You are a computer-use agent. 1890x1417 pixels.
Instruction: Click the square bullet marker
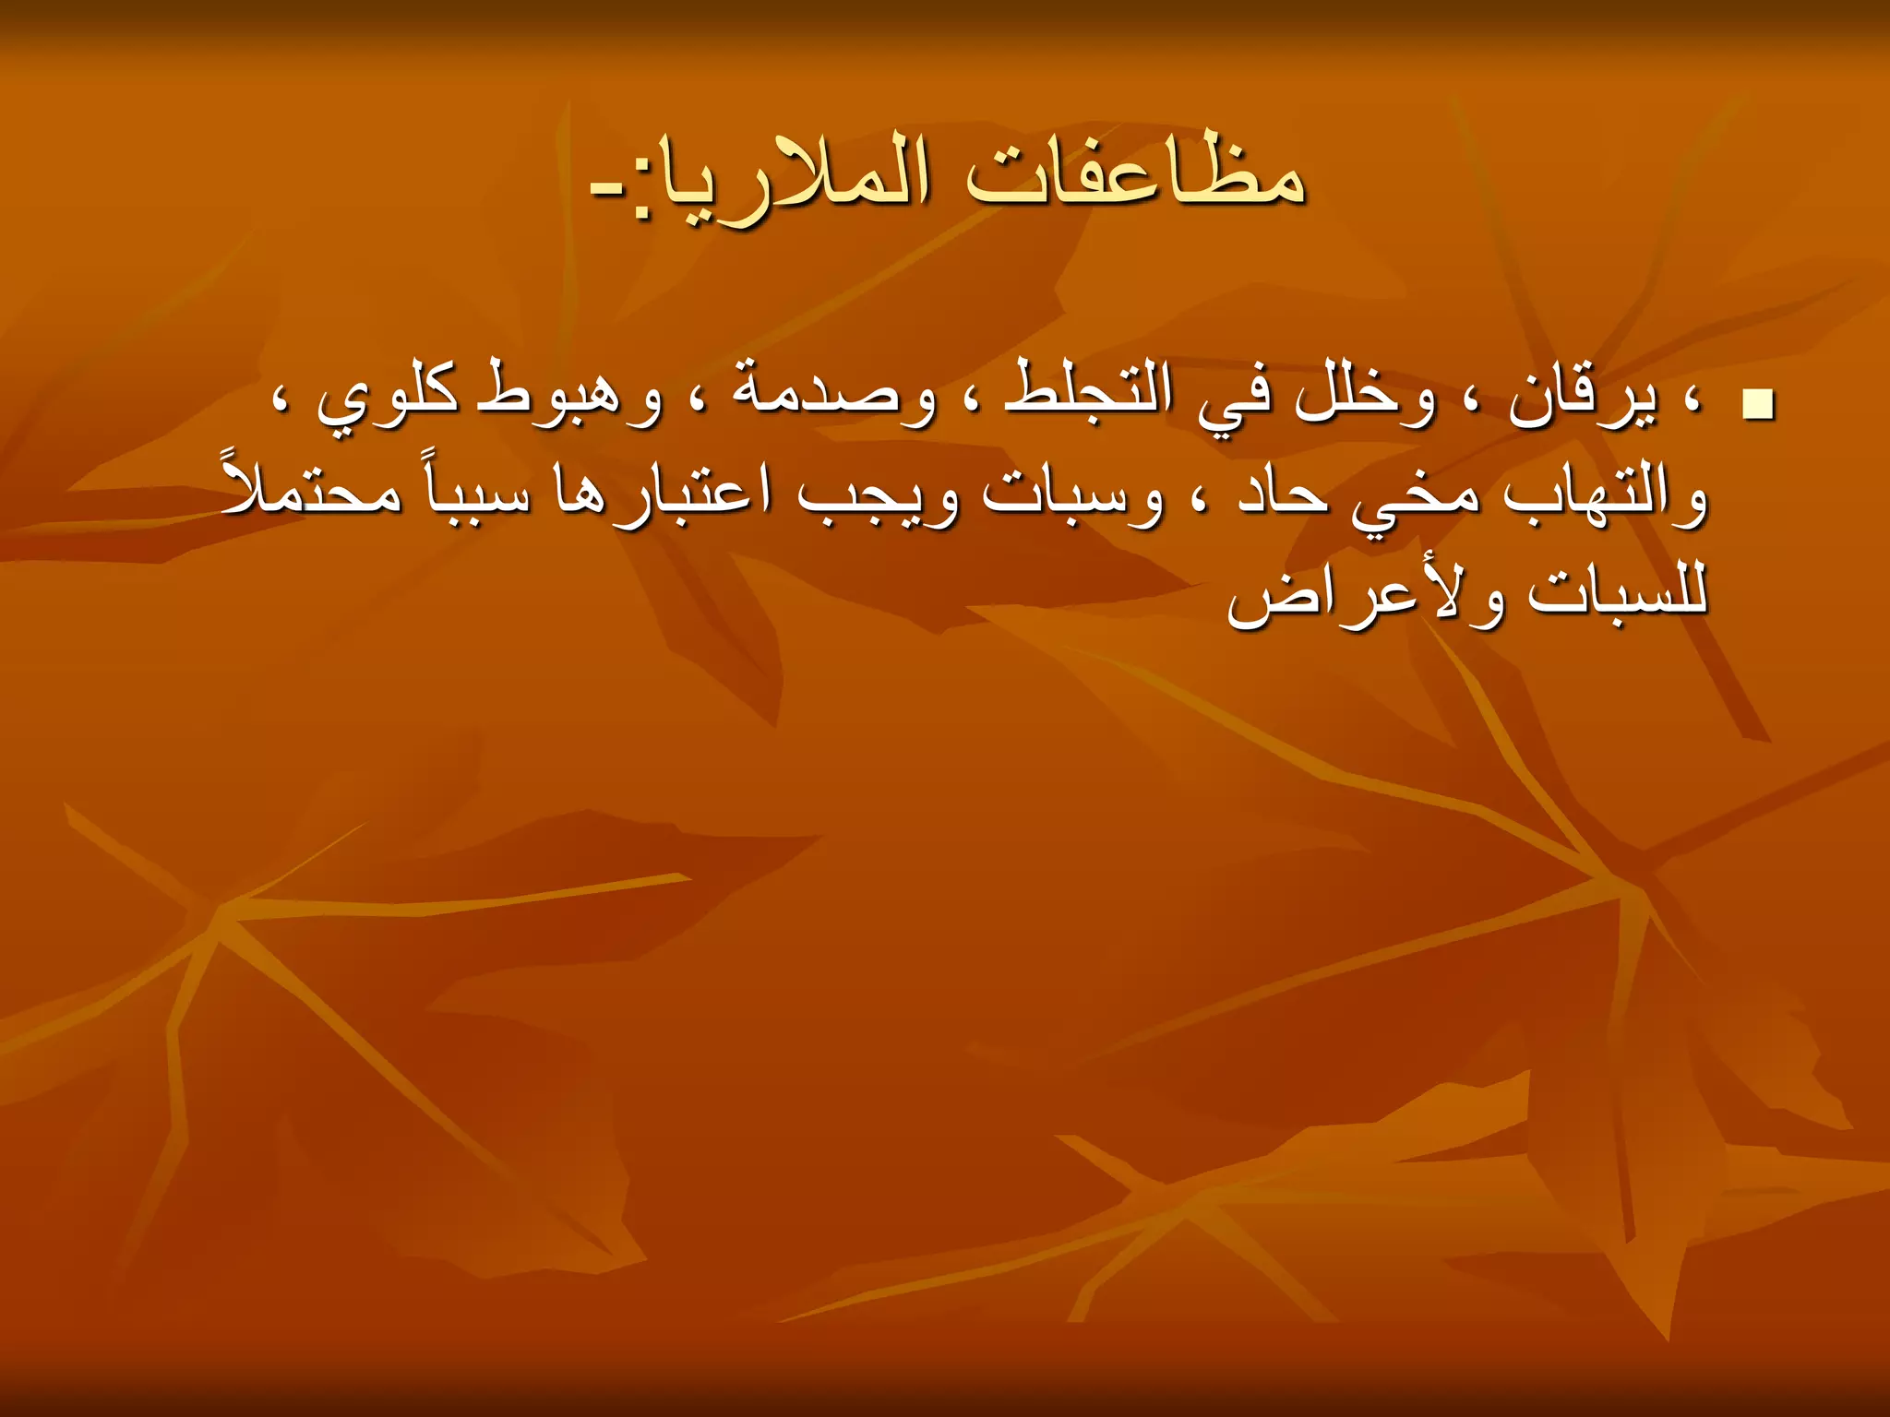click(x=1758, y=406)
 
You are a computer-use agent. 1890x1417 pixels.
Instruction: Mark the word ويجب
click(x=877, y=498)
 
